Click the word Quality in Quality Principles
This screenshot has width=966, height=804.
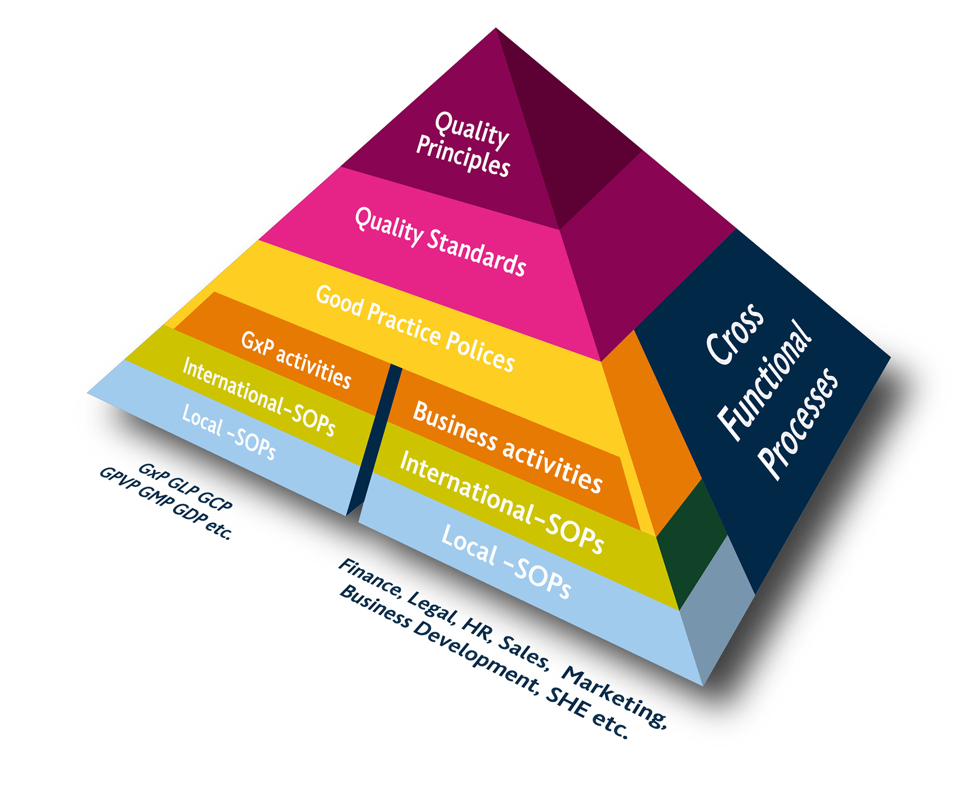pyautogui.click(x=471, y=129)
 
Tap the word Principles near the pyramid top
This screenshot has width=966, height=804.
pyautogui.click(x=463, y=156)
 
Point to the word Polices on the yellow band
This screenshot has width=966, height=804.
pyautogui.click(x=480, y=351)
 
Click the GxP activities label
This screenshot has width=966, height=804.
pyautogui.click(x=296, y=359)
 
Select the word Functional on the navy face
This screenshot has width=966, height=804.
pyautogui.click(x=765, y=380)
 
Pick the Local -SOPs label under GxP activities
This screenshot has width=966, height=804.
pyautogui.click(x=229, y=431)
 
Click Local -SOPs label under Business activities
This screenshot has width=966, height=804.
pyautogui.click(x=506, y=561)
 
